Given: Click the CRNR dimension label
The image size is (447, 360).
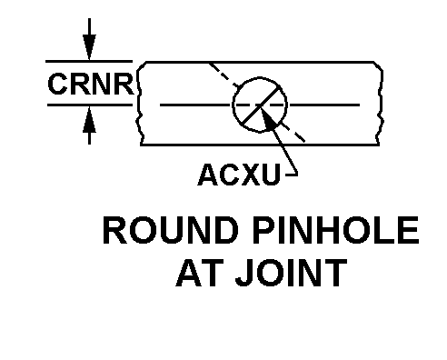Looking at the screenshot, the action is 90,84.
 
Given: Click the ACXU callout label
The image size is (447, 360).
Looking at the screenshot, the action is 239,175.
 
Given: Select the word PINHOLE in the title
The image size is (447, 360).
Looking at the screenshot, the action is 336,230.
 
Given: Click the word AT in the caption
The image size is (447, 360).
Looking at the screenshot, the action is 197,273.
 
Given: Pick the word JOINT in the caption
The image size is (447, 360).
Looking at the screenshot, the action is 292,273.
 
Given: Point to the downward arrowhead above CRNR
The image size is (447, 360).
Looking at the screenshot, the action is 89,47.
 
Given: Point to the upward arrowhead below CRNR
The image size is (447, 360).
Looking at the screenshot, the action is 89,120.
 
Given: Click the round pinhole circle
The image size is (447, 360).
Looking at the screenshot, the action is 233,105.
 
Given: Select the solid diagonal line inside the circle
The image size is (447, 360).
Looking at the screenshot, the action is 260,105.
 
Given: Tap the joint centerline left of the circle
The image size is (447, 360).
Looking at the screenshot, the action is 194,105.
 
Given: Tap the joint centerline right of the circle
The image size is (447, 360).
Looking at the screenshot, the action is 324,105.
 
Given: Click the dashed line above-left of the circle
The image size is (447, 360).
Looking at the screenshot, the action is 223,75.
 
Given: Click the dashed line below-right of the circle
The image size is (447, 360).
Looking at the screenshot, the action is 293,132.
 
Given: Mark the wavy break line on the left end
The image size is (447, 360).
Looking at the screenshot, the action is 139,103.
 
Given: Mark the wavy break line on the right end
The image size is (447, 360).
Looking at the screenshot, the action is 380,103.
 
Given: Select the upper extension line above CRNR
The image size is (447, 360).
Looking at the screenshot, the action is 89,61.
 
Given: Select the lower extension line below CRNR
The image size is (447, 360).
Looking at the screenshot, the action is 90,105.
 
